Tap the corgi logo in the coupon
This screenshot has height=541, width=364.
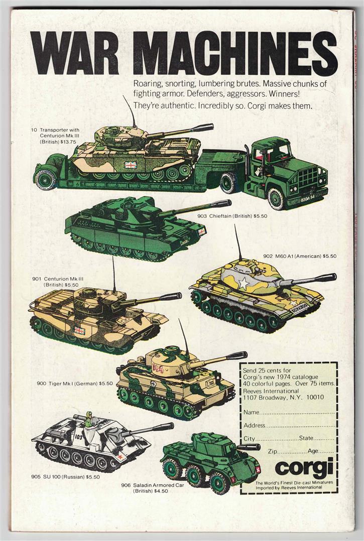point(304,467)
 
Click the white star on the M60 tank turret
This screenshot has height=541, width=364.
point(244,284)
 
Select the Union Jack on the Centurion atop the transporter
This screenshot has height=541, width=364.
point(131,165)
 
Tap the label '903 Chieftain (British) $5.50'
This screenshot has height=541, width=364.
point(232,216)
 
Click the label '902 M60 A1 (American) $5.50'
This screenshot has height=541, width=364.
point(300,256)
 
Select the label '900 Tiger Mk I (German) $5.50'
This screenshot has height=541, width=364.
point(75,383)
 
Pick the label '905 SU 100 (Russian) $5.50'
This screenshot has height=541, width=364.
point(65,477)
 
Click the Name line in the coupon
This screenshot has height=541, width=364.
point(289,412)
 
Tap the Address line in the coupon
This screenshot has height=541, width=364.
point(289,425)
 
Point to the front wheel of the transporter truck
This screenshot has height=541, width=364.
point(277,199)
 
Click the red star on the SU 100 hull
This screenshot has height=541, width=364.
point(120,457)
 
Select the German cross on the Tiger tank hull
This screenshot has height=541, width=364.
point(153,383)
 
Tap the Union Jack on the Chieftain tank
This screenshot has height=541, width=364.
point(201,231)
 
